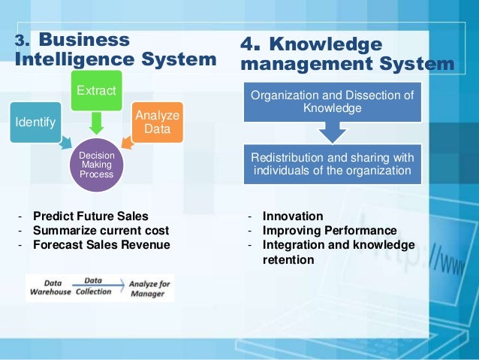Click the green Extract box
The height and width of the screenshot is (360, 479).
95,91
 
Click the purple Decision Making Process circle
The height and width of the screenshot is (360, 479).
96,164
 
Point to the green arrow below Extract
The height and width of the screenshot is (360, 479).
95,123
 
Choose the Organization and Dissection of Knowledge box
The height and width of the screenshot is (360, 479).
331,101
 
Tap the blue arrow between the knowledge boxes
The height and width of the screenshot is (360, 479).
331,132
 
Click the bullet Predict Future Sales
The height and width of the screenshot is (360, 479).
91,216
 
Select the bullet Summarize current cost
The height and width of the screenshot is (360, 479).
101,230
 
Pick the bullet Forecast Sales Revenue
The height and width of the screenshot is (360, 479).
101,244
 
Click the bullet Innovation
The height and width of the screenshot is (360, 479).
293,216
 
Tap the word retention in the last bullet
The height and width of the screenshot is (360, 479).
288,259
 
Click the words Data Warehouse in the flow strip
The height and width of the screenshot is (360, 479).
48,287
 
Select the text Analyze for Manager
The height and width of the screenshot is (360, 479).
149,287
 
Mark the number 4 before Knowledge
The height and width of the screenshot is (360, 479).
250,45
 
